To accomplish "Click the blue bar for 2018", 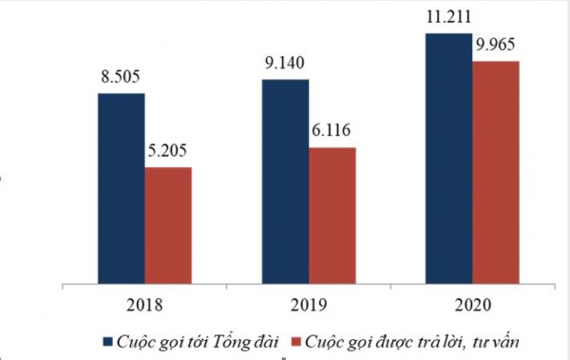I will point(121,187).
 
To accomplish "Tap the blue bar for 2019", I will point(285,180).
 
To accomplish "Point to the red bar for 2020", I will point(496,172).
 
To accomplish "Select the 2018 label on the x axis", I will point(144,306).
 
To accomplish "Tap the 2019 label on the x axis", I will point(309,306).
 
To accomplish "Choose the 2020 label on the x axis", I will point(472,306).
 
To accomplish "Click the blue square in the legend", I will point(107,339).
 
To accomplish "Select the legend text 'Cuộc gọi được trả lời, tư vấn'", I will point(410,339).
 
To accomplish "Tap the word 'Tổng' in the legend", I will point(229,340).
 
